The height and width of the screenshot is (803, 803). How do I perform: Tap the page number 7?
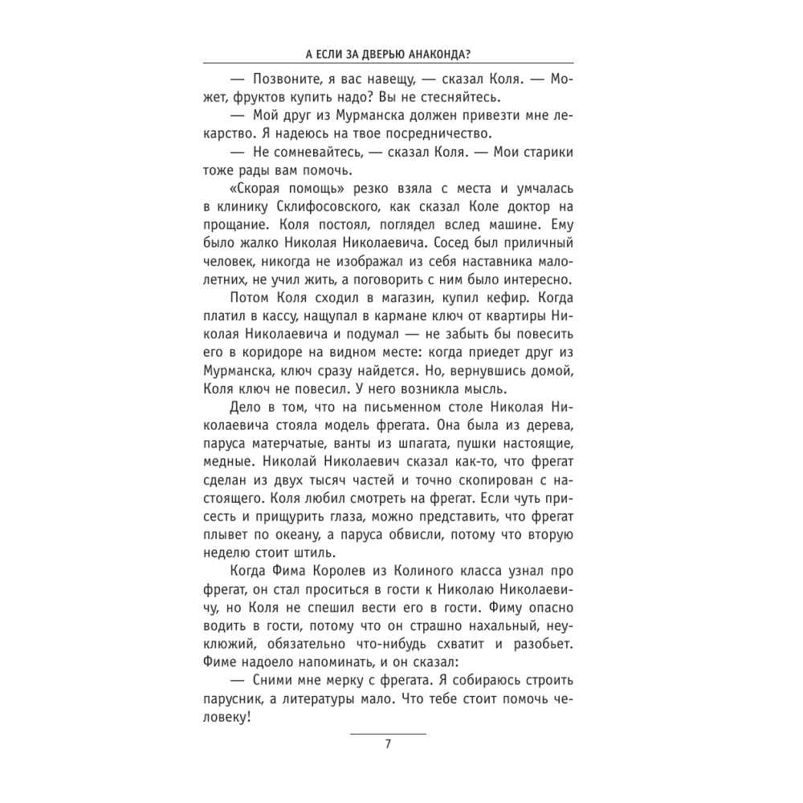pos(389,744)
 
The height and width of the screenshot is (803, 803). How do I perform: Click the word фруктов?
pos(271,97)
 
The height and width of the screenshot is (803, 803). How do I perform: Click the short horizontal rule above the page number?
pos(389,733)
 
